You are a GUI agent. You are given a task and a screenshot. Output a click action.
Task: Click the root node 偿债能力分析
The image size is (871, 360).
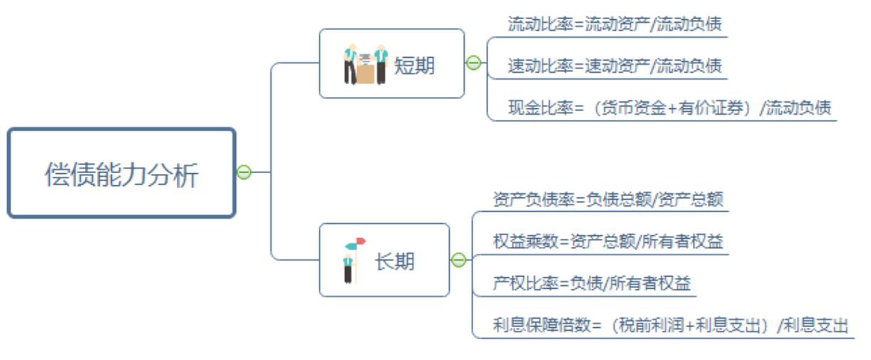click(121, 173)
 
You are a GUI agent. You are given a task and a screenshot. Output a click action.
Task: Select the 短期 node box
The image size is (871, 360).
click(391, 63)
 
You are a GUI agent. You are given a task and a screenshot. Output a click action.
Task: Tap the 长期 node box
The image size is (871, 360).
click(384, 260)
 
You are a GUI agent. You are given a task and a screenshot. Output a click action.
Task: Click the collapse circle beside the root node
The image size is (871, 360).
click(244, 172)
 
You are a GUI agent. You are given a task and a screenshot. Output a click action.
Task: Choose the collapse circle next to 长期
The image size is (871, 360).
click(459, 260)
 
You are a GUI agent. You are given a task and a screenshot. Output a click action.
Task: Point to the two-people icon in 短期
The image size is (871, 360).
click(364, 64)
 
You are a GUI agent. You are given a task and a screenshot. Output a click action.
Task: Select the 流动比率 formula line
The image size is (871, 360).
click(614, 24)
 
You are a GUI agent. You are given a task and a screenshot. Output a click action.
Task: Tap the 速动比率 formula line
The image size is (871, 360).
click(614, 66)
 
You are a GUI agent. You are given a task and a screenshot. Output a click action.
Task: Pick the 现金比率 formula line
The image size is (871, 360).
click(669, 108)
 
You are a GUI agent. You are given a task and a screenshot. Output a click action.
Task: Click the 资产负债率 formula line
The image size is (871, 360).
click(608, 199)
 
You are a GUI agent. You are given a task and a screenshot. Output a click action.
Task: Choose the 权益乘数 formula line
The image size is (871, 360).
click(608, 242)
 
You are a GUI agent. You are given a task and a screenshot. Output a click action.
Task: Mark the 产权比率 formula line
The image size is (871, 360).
click(592, 284)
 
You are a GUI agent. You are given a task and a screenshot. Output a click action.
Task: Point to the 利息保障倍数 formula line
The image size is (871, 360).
click(670, 326)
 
